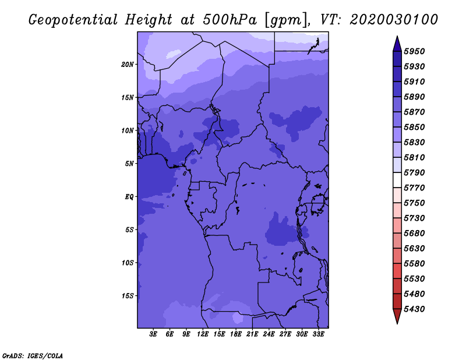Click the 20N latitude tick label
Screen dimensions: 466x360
128,64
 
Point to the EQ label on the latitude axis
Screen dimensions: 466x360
129,196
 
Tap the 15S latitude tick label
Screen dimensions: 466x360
128,296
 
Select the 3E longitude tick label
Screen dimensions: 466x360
153,334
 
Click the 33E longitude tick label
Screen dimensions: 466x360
318,334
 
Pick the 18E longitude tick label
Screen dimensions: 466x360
236,334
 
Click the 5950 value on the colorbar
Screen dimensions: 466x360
414,51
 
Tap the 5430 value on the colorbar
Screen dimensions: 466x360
414,309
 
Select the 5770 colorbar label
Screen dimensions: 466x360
414,188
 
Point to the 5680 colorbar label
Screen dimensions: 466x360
414,234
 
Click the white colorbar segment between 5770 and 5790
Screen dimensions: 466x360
397,180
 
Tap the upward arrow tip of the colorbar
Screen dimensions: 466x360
397,36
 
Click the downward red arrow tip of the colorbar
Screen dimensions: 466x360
397,323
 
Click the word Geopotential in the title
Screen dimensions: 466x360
73,20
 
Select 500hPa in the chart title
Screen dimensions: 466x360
230,20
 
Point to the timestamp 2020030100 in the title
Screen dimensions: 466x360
394,20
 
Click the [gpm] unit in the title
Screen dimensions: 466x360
285,20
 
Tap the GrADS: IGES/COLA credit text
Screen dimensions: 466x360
33,356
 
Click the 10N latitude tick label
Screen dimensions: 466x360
128,130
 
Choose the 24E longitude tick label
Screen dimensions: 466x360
269,334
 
